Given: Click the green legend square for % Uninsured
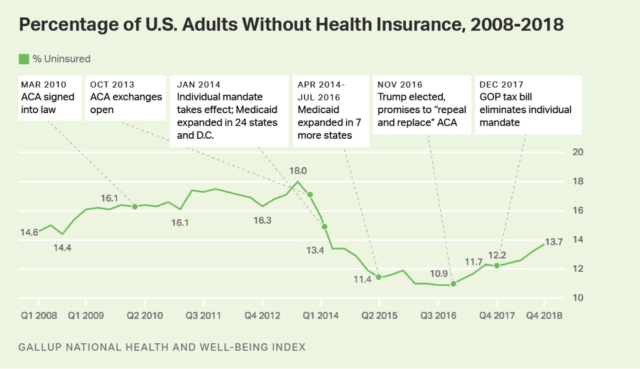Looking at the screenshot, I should [24, 59].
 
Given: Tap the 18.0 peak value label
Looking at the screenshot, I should [298, 171].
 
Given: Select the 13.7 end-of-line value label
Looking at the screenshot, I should [554, 242].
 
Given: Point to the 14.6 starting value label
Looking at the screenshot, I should [29, 232].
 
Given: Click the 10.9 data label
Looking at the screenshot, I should [439, 274].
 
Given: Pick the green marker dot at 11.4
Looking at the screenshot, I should [379, 277].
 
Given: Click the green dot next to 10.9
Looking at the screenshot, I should [453, 284].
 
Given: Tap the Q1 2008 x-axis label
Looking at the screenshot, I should [38, 316].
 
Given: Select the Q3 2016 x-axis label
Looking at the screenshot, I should [438, 316].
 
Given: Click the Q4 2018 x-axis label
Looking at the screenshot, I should [544, 316].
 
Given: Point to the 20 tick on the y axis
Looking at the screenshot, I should [577, 152].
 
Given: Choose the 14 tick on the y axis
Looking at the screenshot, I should [577, 240].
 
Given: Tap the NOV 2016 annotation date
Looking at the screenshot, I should [400, 84].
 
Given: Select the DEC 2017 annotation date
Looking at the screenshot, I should [501, 84].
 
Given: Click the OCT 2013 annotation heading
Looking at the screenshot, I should [112, 84].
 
